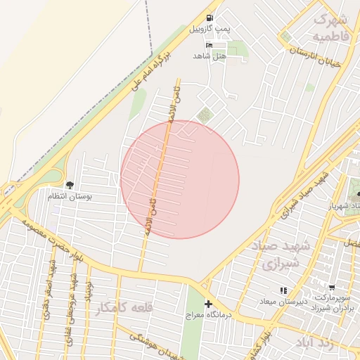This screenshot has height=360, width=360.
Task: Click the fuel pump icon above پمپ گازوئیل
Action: [x=209, y=18]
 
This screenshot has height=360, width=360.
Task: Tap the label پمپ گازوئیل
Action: [x=209, y=30]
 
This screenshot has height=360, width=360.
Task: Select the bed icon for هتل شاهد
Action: [x=200, y=44]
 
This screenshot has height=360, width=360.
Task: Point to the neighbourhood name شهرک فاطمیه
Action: [x=331, y=27]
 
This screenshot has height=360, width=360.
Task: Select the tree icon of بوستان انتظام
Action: [x=69, y=185]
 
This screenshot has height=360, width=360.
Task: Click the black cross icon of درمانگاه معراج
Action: [x=207, y=304]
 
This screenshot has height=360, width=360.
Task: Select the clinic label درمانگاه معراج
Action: [x=207, y=316]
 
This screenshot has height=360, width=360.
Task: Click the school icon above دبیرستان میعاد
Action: [x=283, y=290]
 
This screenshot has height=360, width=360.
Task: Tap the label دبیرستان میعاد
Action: [x=285, y=302]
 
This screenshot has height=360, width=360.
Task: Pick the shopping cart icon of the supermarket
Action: [x=331, y=288]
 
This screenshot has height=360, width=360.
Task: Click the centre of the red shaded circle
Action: [x=180, y=179]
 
